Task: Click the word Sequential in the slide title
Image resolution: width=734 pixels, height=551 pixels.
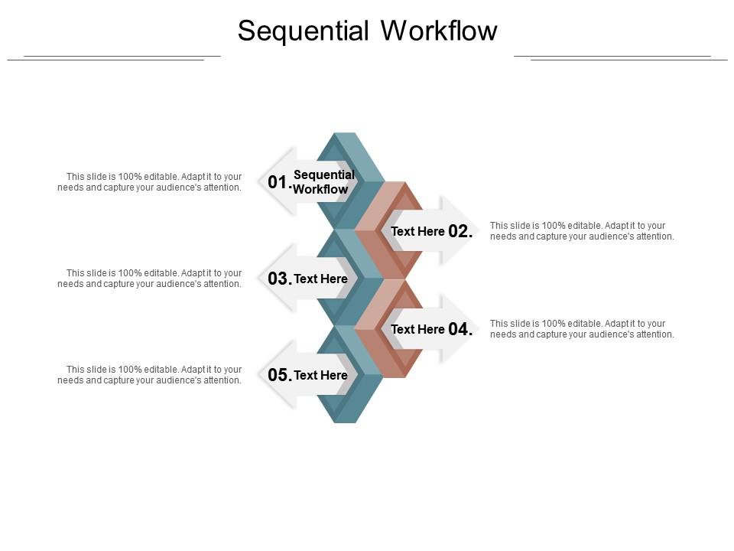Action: pos(304,31)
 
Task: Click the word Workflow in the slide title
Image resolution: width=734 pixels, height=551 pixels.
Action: pos(439,31)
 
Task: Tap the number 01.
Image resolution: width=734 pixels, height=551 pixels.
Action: pos(279,183)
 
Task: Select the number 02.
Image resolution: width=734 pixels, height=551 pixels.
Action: pos(460,232)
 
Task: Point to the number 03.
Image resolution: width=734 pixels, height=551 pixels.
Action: pos(280,279)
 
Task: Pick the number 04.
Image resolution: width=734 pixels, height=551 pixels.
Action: pos(460,330)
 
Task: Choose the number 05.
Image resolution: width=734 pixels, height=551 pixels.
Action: pos(280,376)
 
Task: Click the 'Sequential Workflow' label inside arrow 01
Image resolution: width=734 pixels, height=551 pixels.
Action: pos(323,182)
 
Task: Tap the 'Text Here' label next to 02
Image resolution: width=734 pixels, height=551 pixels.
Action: pos(417,232)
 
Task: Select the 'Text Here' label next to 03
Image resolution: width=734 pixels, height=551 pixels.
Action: pos(321,279)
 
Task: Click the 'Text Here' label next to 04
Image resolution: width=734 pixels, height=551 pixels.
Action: pos(417,330)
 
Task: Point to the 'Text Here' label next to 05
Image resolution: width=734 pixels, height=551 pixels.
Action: pos(321,376)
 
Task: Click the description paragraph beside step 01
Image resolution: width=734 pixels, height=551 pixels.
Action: pos(150,182)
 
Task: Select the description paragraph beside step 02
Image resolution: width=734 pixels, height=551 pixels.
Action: pos(582,231)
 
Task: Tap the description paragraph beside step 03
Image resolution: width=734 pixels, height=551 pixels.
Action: pos(150,279)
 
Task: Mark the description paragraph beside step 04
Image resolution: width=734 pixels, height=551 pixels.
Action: pos(582,329)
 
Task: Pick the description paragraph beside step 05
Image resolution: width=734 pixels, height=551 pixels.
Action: pos(150,375)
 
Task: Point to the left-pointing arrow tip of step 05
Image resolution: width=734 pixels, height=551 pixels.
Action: pos(262,375)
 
